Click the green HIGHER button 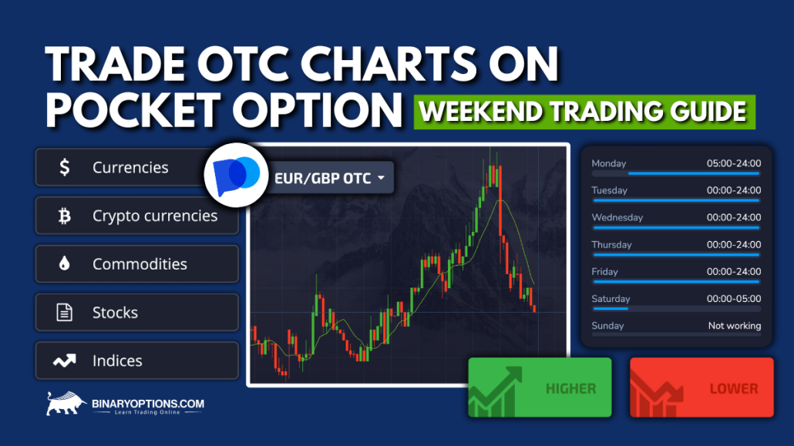540,387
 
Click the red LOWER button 701,387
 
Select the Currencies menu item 130,167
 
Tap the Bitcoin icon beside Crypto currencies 65,216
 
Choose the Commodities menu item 139,264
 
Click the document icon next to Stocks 65,313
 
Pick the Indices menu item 117,360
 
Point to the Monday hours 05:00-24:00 733,163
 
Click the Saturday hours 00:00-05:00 733,299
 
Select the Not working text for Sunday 734,326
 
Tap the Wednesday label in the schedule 617,217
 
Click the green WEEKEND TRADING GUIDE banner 584,112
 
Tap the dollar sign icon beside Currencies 65,167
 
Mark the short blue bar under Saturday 610,309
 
